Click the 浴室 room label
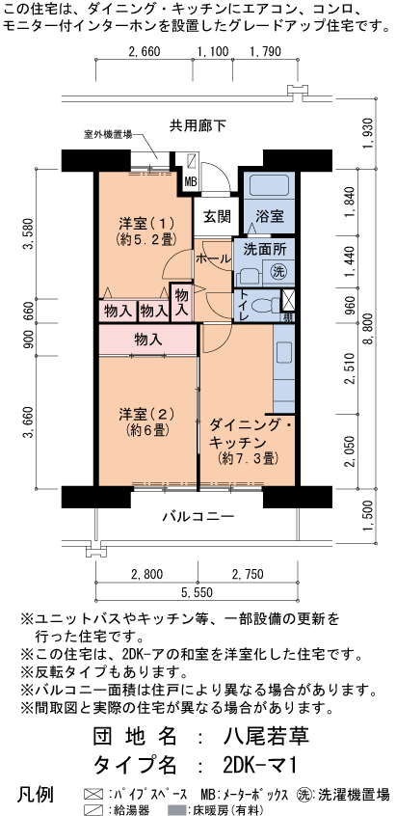(270, 215)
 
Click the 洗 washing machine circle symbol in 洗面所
(279, 271)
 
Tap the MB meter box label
(191, 181)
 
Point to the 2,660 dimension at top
(144, 51)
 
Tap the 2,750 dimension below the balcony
(248, 575)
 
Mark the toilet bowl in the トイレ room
(259, 305)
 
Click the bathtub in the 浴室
(269, 186)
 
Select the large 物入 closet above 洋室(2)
(148, 340)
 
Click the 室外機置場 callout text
(108, 135)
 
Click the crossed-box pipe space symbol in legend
(92, 795)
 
